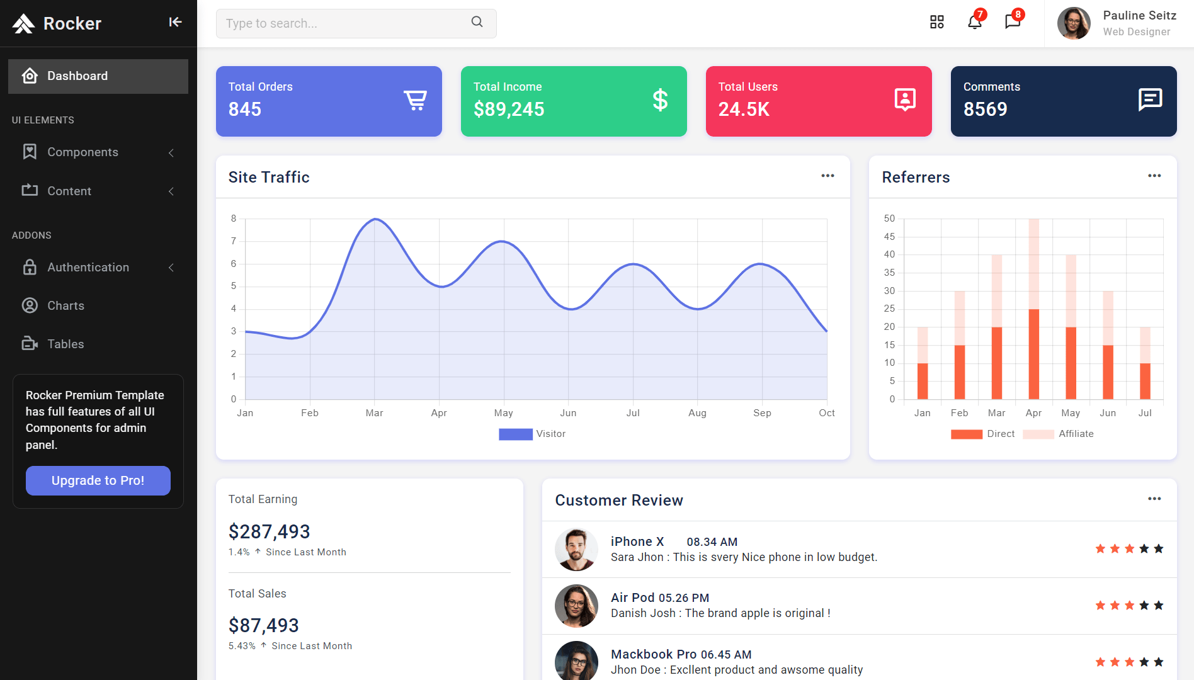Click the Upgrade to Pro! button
[x=98, y=480]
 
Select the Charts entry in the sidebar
[x=65, y=305]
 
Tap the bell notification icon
[x=974, y=23]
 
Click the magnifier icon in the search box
[x=477, y=22]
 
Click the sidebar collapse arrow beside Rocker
[x=175, y=23]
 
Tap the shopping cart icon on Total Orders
[x=415, y=100]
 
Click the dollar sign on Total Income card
[x=660, y=100]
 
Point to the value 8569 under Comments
[x=985, y=110]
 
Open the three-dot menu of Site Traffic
[x=827, y=176]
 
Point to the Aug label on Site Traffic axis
[x=697, y=413]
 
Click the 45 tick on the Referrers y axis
[x=889, y=237]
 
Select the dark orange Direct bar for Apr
[x=1033, y=354]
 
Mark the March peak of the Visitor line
[x=375, y=219]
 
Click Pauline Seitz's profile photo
[x=1074, y=23]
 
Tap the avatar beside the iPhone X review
[x=576, y=549]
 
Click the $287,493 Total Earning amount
[x=269, y=532]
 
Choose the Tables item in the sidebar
[x=65, y=344]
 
